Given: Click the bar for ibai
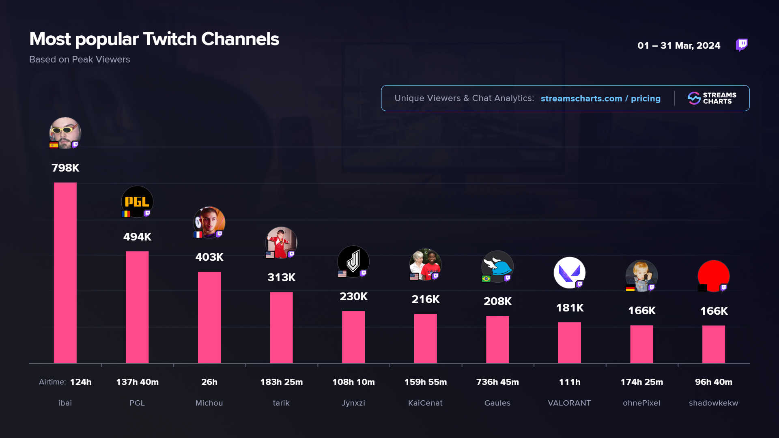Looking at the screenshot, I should (65, 273).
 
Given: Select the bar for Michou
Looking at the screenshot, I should (209, 317).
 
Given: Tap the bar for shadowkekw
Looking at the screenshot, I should (714, 344).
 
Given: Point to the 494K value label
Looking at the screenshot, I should (137, 237).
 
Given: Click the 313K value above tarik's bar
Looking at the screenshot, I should (282, 277).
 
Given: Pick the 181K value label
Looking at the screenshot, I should (570, 308).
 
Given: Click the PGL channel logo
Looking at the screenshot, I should (137, 202).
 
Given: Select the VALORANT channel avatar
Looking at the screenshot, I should (569, 273).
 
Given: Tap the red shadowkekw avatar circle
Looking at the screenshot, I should (714, 275).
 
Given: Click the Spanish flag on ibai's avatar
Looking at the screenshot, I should (54, 145).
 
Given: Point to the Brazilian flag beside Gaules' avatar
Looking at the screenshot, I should (486, 279).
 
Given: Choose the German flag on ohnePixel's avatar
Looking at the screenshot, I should (630, 288).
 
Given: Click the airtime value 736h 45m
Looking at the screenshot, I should (497, 382).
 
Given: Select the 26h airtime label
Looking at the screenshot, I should (209, 382).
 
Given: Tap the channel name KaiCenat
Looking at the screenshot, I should (425, 403).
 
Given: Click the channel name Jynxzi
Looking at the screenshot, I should (353, 403).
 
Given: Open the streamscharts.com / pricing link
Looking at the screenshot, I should (600, 99).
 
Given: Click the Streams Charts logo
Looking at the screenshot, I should (712, 98).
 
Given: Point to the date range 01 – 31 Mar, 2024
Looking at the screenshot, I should (679, 45).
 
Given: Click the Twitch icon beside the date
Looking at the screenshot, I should (742, 45).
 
